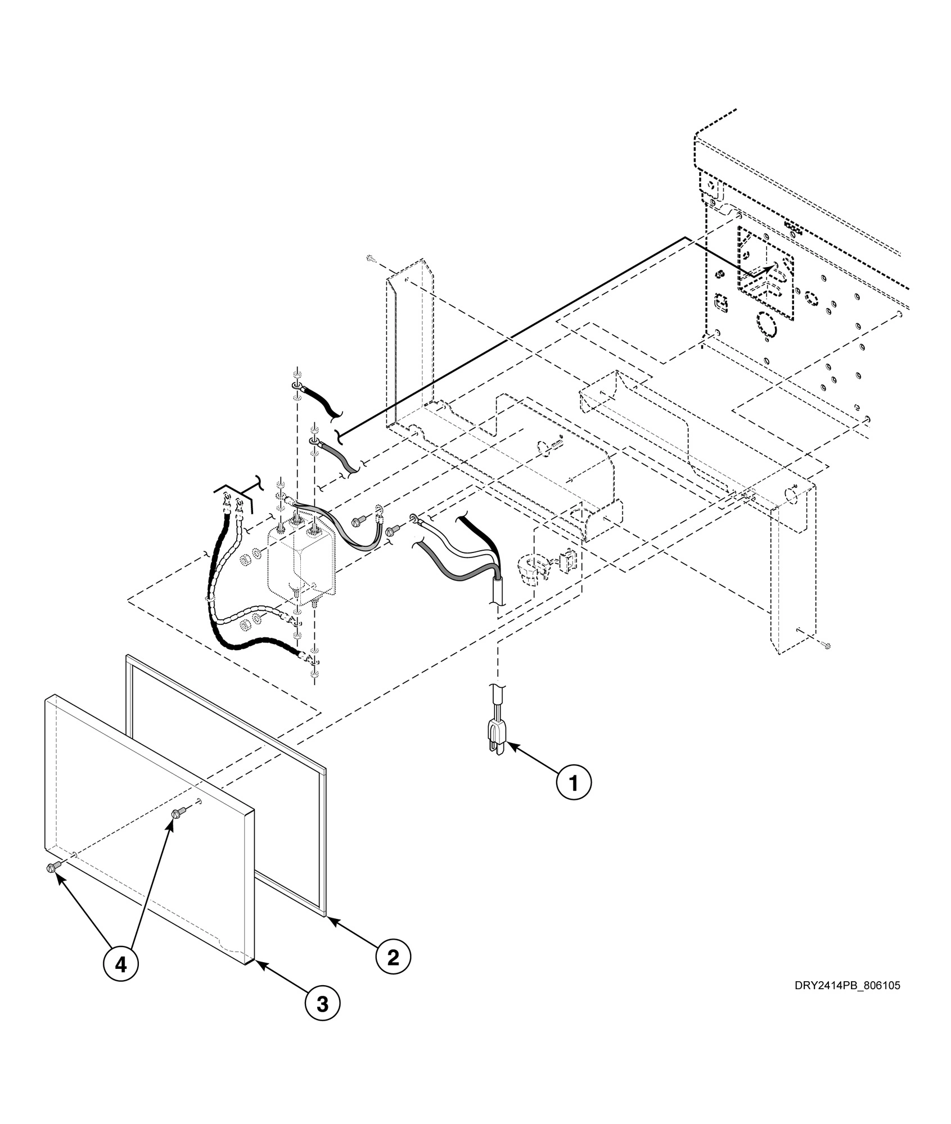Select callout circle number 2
(x=393, y=956)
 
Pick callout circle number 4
(x=121, y=964)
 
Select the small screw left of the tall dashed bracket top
(x=370, y=258)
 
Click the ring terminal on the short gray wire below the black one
(x=313, y=441)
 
